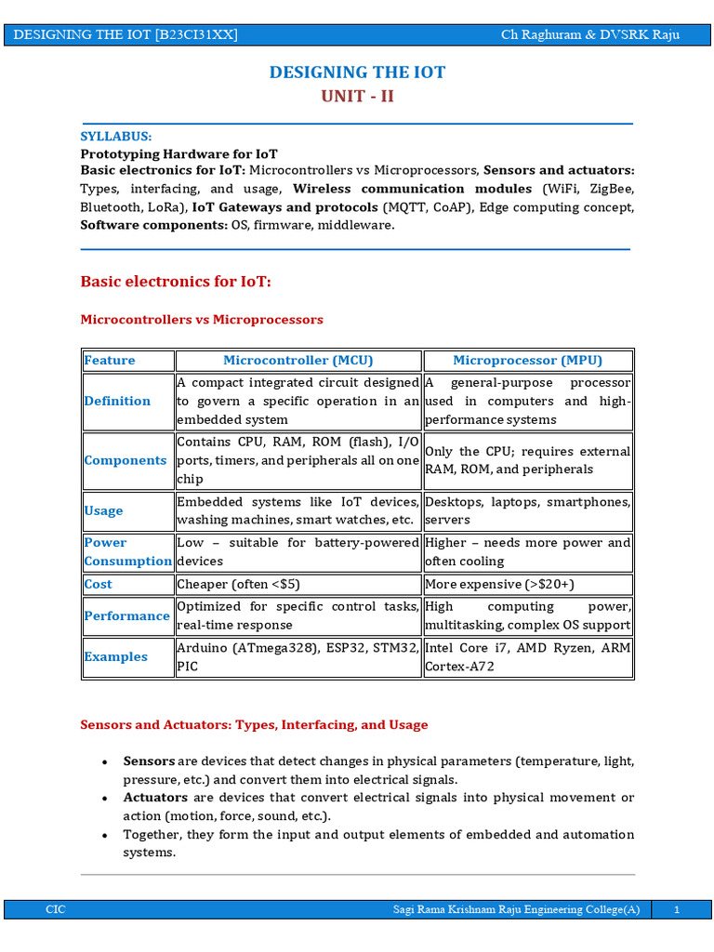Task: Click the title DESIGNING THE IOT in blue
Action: tap(357, 73)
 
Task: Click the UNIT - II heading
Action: tap(357, 97)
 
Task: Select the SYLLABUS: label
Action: tap(115, 136)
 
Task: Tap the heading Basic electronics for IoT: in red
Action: tap(176, 281)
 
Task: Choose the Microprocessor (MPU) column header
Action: tap(527, 361)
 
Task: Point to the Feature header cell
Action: tap(110, 361)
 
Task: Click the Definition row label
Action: tap(117, 401)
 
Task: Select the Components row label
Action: tap(126, 460)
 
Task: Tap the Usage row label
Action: tap(103, 510)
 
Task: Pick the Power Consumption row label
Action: tap(127, 551)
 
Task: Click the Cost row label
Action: tap(98, 584)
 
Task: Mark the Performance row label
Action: tap(126, 615)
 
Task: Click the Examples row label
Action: tap(116, 656)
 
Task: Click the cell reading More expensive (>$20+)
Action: tap(499, 584)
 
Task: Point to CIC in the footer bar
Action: tap(56, 910)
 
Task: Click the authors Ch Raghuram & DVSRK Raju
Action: tap(589, 34)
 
